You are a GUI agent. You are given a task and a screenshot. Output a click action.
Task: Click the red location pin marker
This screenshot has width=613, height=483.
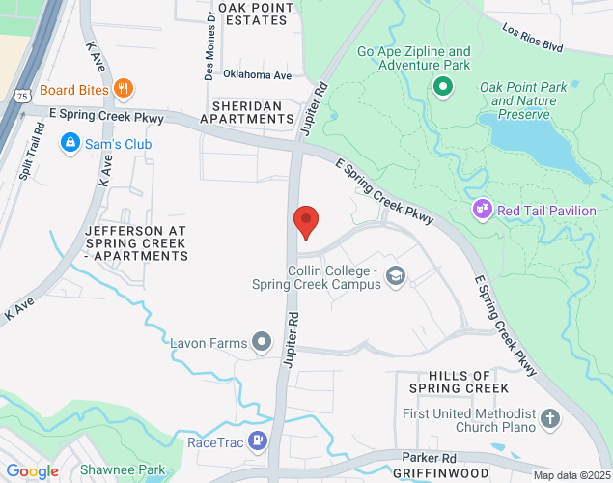click(x=306, y=222)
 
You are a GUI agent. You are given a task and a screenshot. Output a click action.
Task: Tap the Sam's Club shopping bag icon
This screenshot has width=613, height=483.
click(x=70, y=144)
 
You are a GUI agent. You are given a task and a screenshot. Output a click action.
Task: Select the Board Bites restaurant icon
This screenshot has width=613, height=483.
click(x=123, y=90)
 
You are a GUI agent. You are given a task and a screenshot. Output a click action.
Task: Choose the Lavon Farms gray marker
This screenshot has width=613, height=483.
click(x=261, y=341)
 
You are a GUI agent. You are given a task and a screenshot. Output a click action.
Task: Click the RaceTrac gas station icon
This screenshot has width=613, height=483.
click(x=258, y=442)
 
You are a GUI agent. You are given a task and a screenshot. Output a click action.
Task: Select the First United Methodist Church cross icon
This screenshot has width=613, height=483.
click(x=549, y=419)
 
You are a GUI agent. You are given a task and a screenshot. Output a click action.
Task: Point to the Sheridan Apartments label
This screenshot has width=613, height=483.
click(x=246, y=111)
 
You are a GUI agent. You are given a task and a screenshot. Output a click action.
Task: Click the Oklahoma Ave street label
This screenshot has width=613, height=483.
click(x=257, y=74)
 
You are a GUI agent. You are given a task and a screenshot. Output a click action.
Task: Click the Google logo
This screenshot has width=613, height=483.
click(x=32, y=471)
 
